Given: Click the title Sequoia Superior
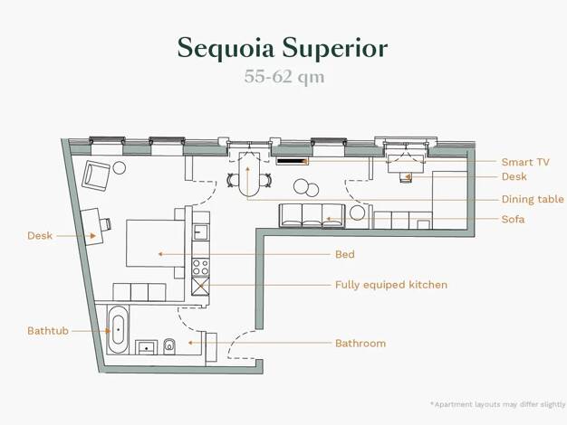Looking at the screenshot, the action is click(x=283, y=47).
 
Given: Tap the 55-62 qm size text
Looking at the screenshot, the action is click(x=284, y=77).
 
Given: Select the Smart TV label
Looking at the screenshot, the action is click(x=525, y=162).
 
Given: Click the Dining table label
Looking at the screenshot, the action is click(x=533, y=199).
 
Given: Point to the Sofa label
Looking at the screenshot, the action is click(x=513, y=219).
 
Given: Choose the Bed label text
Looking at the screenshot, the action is click(x=344, y=254).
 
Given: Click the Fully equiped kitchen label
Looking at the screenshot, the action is click(x=391, y=285).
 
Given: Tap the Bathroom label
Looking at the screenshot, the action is click(x=360, y=343).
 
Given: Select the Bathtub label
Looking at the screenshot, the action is click(x=48, y=331).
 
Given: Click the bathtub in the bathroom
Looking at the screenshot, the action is click(x=118, y=330).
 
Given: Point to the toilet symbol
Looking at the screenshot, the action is click(x=168, y=346).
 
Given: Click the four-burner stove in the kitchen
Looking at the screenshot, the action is click(x=200, y=267).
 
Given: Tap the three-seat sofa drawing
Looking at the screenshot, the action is click(x=312, y=215).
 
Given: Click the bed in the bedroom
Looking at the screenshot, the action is click(x=156, y=243).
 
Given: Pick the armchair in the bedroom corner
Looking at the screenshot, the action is click(x=96, y=175).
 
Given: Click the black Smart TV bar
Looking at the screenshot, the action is click(x=292, y=161).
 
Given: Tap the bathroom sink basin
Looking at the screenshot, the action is click(x=146, y=347).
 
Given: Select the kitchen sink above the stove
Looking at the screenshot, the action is click(x=201, y=232).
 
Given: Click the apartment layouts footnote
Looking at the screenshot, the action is click(x=497, y=404).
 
